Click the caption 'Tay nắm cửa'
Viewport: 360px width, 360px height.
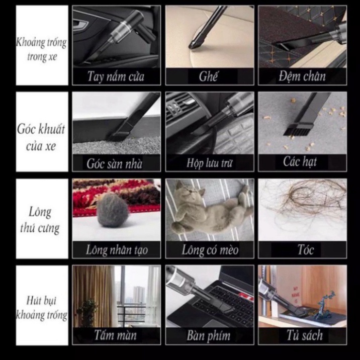click(x=116, y=77)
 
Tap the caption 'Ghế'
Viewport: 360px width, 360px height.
click(x=208, y=77)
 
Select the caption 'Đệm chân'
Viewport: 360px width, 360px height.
click(x=302, y=77)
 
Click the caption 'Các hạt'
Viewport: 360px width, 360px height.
click(x=300, y=162)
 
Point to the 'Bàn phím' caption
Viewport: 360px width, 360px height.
click(x=208, y=335)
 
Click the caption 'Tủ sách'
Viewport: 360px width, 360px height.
click(x=304, y=335)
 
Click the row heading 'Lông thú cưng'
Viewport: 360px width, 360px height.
click(x=41, y=220)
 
